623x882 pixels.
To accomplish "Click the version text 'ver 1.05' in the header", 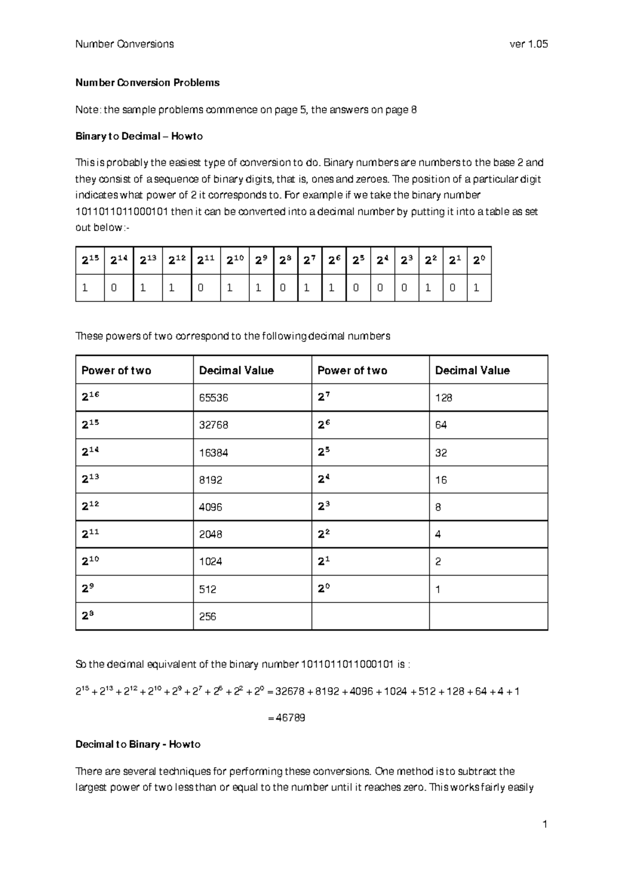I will pos(529,44).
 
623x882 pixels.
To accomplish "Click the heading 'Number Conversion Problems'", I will pos(147,83).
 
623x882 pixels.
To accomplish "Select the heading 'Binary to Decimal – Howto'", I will pos(139,137).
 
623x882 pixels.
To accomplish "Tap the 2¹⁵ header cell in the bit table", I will pos(90,261).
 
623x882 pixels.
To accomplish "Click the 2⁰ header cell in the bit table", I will pos(479,261).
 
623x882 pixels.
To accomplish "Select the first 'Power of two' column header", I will pos(116,371).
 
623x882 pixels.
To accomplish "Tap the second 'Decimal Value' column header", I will pos(472,371).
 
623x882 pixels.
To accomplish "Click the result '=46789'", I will pos(286,718).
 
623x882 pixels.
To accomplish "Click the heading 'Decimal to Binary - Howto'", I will pos(138,745).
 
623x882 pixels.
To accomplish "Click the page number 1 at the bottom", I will pos(545,824).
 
